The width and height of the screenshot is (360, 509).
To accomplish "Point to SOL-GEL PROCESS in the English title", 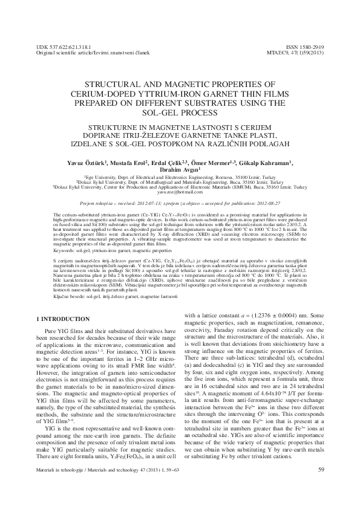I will coord(180,113).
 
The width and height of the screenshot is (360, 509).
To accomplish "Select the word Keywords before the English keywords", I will coord(65,248).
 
